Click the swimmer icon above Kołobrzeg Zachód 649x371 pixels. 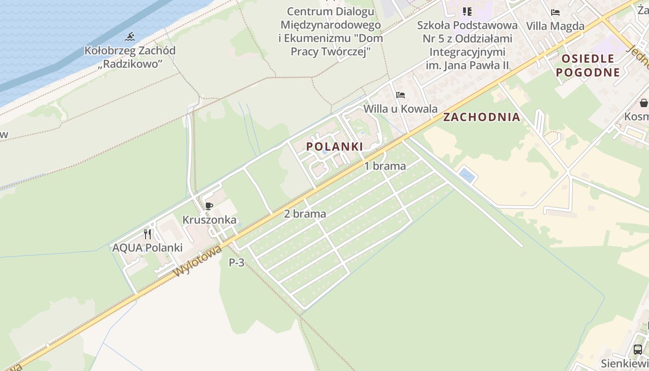(130, 37)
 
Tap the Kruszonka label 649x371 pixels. (209, 220)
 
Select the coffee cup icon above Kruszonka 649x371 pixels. (209, 206)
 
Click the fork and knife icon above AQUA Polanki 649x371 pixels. (147, 234)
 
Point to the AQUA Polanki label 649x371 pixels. (147, 248)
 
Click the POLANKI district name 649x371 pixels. (334, 147)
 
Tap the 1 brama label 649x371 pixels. (385, 166)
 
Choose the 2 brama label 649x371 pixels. (305, 214)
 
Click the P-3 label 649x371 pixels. (236, 262)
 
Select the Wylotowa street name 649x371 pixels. (198, 262)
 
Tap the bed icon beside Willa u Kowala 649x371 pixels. (401, 95)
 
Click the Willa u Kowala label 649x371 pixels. (401, 109)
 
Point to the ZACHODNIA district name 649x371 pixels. (481, 117)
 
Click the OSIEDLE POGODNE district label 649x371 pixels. (588, 65)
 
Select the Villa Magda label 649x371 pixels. (555, 26)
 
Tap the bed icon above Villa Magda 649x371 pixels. (555, 13)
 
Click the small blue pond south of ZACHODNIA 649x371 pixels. (467, 176)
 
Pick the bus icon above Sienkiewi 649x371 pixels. (638, 349)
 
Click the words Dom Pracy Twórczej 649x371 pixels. (331, 45)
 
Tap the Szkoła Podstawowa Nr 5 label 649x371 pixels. (467, 32)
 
